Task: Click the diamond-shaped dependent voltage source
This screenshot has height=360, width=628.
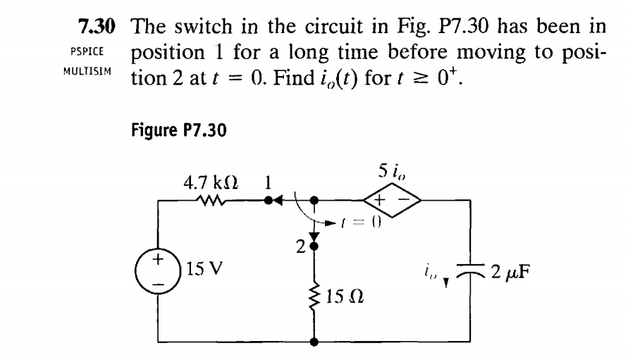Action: coord(390,201)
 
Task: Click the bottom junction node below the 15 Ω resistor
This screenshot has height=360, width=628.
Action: coord(314,342)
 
